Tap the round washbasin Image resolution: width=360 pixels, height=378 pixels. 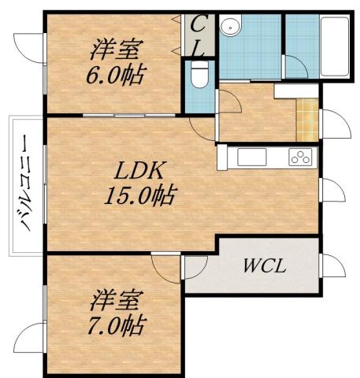pyautogui.click(x=231, y=27)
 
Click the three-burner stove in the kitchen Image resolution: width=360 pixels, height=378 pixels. pyautogui.click(x=300, y=157)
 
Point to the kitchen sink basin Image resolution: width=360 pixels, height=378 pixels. pyautogui.click(x=254, y=157)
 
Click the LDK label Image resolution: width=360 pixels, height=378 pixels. pyautogui.click(x=140, y=170)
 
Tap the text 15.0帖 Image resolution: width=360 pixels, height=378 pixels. pyautogui.click(x=140, y=194)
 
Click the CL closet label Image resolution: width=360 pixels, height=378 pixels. pyautogui.click(x=199, y=35)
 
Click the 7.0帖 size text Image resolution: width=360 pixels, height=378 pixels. pyautogui.click(x=118, y=323)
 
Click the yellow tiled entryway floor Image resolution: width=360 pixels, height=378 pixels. pyautogui.click(x=307, y=118)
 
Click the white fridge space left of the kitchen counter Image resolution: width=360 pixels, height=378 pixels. pyautogui.click(x=223, y=157)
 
